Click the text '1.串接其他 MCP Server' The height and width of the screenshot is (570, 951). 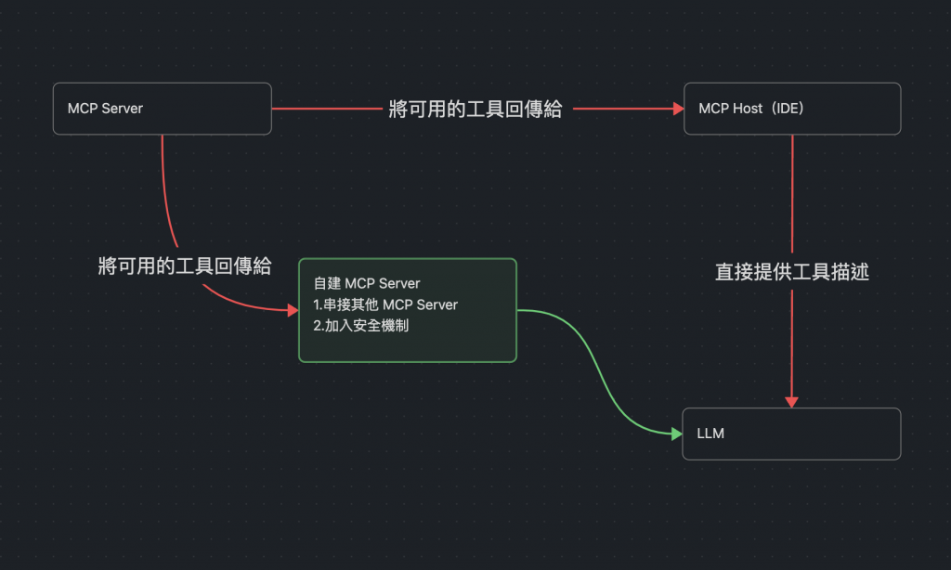pos(385,304)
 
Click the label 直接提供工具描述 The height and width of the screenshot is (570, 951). pos(791,272)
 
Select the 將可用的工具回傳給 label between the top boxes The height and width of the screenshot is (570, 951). pos(475,110)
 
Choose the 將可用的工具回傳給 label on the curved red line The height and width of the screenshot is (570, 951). pos(184,266)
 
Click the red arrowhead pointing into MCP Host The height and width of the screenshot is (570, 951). pos(678,109)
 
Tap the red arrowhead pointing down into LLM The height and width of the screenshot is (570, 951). pos(791,402)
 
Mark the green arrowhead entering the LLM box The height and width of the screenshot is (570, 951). pos(676,434)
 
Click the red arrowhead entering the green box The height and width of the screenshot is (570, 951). pos(293,310)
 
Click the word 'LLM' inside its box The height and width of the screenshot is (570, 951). pos(710,434)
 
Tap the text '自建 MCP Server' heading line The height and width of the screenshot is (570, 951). pos(367,283)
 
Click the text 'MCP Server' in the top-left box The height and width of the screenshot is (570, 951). pos(105,109)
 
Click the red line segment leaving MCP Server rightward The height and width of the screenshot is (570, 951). pos(325,109)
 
